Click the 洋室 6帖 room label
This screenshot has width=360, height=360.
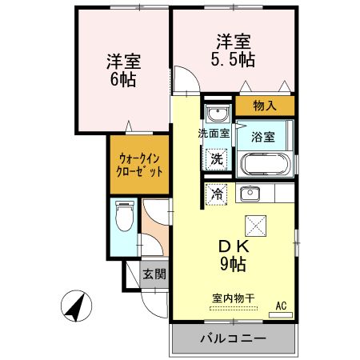123,70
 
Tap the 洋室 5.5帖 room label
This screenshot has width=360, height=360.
230,47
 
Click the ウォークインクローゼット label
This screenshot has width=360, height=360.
141,165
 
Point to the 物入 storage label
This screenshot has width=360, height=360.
265,105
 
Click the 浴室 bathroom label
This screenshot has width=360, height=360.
264,135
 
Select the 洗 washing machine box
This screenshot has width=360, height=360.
217,158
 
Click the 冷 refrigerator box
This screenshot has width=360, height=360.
217,192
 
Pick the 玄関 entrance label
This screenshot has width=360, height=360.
154,274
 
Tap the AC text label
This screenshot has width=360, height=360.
281,304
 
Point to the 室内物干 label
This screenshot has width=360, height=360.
234,298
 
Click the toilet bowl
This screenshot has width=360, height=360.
124,215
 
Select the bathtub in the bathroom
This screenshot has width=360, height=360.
265,164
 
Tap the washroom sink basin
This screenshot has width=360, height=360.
216,112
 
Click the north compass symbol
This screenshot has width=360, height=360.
76,307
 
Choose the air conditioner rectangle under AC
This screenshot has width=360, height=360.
282,314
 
